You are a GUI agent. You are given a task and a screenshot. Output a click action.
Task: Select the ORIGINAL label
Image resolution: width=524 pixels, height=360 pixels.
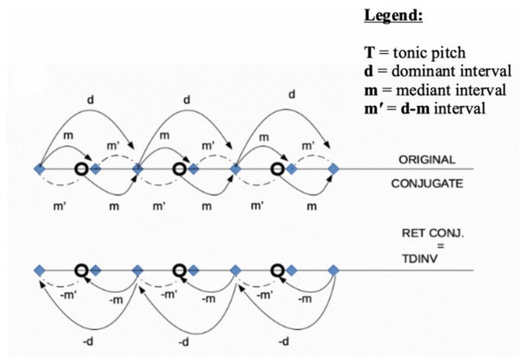click(x=427, y=160)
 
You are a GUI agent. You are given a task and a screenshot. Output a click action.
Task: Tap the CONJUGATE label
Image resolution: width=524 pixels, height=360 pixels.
click(x=427, y=184)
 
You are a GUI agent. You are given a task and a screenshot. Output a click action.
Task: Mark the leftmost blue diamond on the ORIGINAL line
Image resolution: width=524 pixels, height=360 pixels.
click(x=39, y=169)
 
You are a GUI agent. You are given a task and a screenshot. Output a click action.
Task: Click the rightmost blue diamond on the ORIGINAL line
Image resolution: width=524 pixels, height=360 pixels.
click(x=334, y=169)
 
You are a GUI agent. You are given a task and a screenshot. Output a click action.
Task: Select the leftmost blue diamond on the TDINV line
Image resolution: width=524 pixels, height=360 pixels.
click(x=39, y=271)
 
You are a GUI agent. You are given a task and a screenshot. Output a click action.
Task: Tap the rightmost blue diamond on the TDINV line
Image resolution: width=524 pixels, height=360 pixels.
click(x=334, y=271)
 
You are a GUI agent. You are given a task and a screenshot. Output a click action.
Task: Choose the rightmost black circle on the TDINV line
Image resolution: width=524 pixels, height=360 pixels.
click(x=278, y=269)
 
